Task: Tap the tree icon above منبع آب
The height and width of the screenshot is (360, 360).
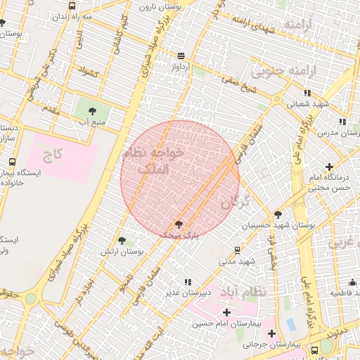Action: (92, 110)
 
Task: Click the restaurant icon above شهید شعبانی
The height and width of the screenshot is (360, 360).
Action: (307, 93)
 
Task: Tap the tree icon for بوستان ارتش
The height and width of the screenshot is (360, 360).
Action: (122, 240)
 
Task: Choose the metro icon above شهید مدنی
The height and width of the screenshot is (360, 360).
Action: (237, 250)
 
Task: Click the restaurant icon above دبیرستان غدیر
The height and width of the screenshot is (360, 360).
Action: (187, 282)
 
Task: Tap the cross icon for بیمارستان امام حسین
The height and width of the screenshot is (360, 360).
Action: (226, 312)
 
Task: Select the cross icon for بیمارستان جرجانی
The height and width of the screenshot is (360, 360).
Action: (271, 334)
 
